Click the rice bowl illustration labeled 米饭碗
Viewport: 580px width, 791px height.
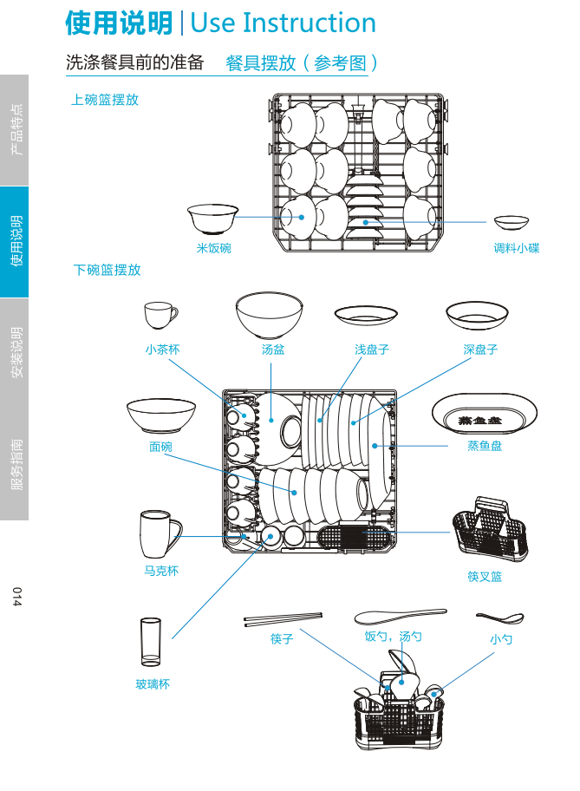click(x=212, y=219)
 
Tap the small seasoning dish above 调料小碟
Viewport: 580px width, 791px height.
click(x=512, y=222)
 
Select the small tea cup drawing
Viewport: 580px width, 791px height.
click(x=160, y=315)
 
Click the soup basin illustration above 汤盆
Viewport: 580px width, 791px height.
click(x=270, y=314)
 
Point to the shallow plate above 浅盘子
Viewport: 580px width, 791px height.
click(x=366, y=315)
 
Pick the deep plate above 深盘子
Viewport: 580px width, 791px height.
click(x=477, y=315)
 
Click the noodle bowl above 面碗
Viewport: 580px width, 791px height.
click(x=161, y=415)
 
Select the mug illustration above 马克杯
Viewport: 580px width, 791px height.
click(x=160, y=533)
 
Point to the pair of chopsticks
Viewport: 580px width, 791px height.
click(x=283, y=619)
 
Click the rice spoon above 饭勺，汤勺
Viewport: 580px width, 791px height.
click(x=399, y=617)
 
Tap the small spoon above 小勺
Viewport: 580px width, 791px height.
click(x=500, y=618)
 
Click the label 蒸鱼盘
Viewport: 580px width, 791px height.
click(x=485, y=446)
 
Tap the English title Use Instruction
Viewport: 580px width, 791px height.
click(x=283, y=23)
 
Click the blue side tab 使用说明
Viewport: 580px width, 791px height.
click(x=15, y=242)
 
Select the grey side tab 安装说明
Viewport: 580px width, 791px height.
click(x=15, y=353)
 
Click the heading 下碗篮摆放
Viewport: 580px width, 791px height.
click(x=107, y=270)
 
